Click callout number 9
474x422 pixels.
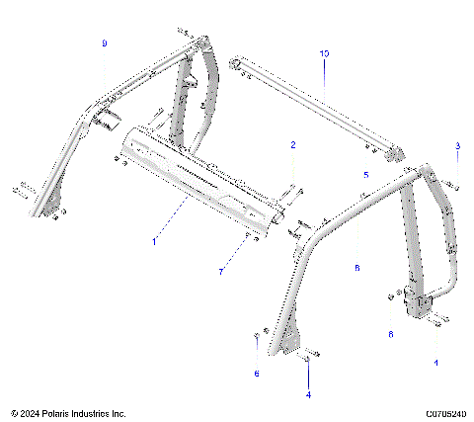pyautogui.click(x=104, y=44)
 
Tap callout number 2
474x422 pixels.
pyautogui.click(x=292, y=145)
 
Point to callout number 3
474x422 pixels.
pyautogui.click(x=457, y=146)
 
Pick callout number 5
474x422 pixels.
pyautogui.click(x=365, y=174)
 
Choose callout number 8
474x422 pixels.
pyautogui.click(x=357, y=267)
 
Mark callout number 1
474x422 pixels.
pyautogui.click(x=153, y=240)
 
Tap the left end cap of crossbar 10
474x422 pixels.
pyautogui.click(x=237, y=65)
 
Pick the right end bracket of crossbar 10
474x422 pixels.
pyautogui.click(x=395, y=153)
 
